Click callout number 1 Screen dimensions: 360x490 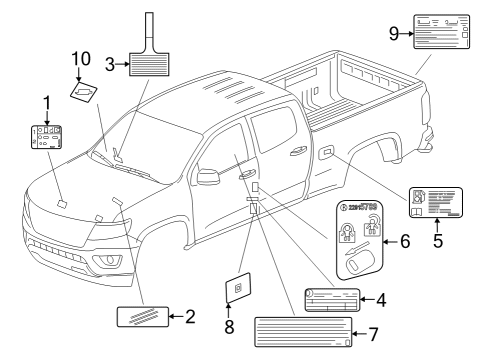44,103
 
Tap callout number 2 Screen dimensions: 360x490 190,317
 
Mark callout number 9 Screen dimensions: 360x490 394,33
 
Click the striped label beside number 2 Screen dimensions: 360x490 140,317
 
